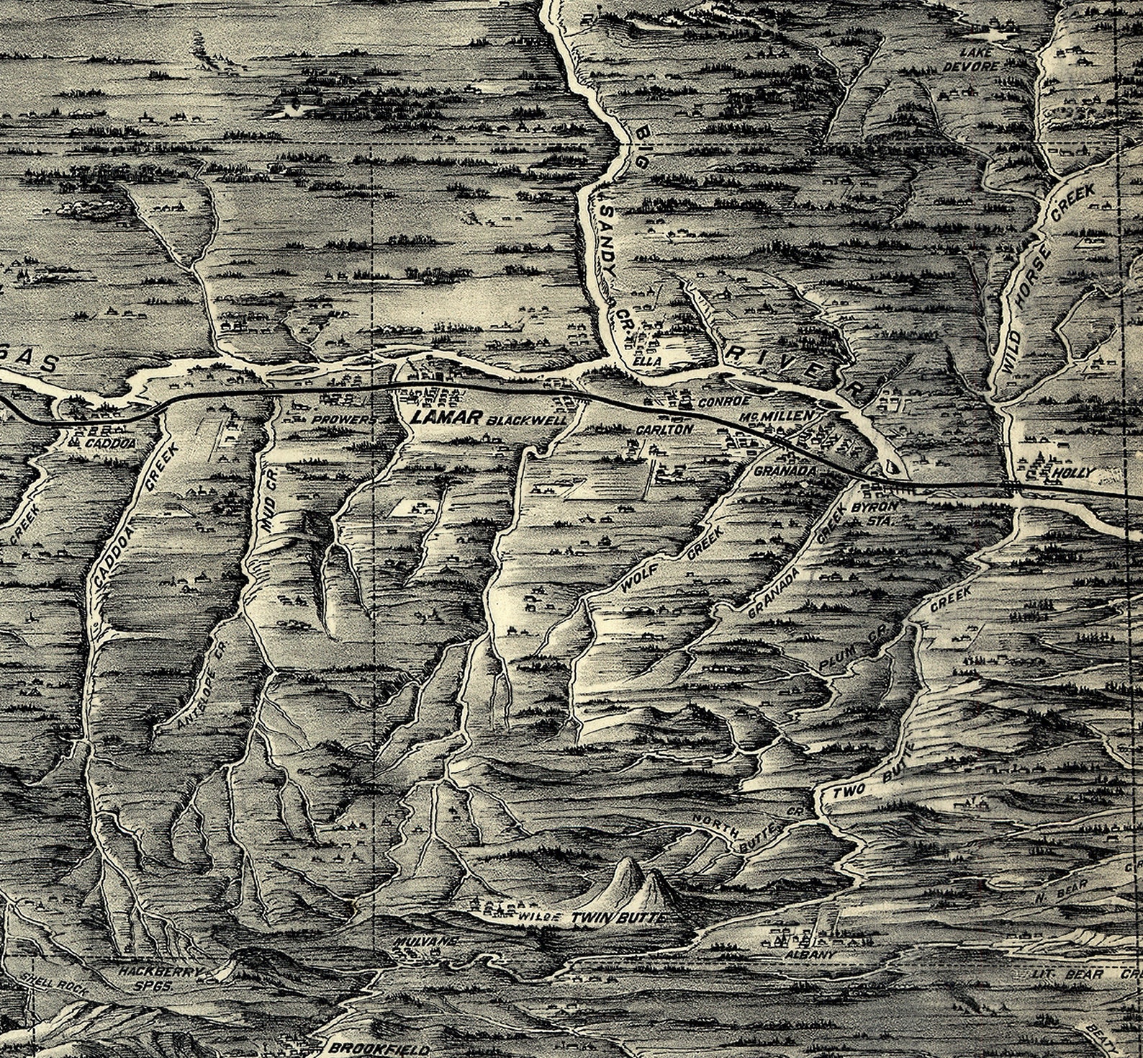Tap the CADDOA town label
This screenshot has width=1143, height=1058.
pos(109,444)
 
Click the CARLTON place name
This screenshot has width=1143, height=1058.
pos(664,429)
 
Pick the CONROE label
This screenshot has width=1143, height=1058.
pos(725,400)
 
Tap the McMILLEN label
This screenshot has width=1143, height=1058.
pos(787,416)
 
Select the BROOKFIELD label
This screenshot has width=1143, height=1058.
pos(379,1049)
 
